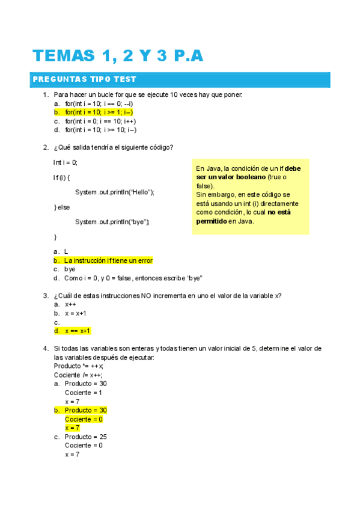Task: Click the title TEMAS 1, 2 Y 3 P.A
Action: point(118,56)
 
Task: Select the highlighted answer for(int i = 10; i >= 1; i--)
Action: point(99,112)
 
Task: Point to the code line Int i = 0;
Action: point(66,162)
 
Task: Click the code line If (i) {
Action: point(63,177)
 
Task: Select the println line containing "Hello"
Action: point(114,192)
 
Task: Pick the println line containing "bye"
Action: point(112,222)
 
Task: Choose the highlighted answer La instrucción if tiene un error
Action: point(108,261)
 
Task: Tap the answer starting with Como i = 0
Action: point(133,278)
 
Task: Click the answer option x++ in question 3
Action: point(70,305)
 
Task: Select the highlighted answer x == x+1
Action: point(77,331)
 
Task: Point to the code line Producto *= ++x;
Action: point(79,366)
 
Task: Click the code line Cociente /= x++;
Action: point(78,375)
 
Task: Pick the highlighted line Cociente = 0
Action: point(84,419)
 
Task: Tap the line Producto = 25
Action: point(85,437)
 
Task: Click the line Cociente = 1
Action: point(84,393)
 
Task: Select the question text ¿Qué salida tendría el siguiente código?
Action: point(114,147)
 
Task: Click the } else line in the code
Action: point(62,207)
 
